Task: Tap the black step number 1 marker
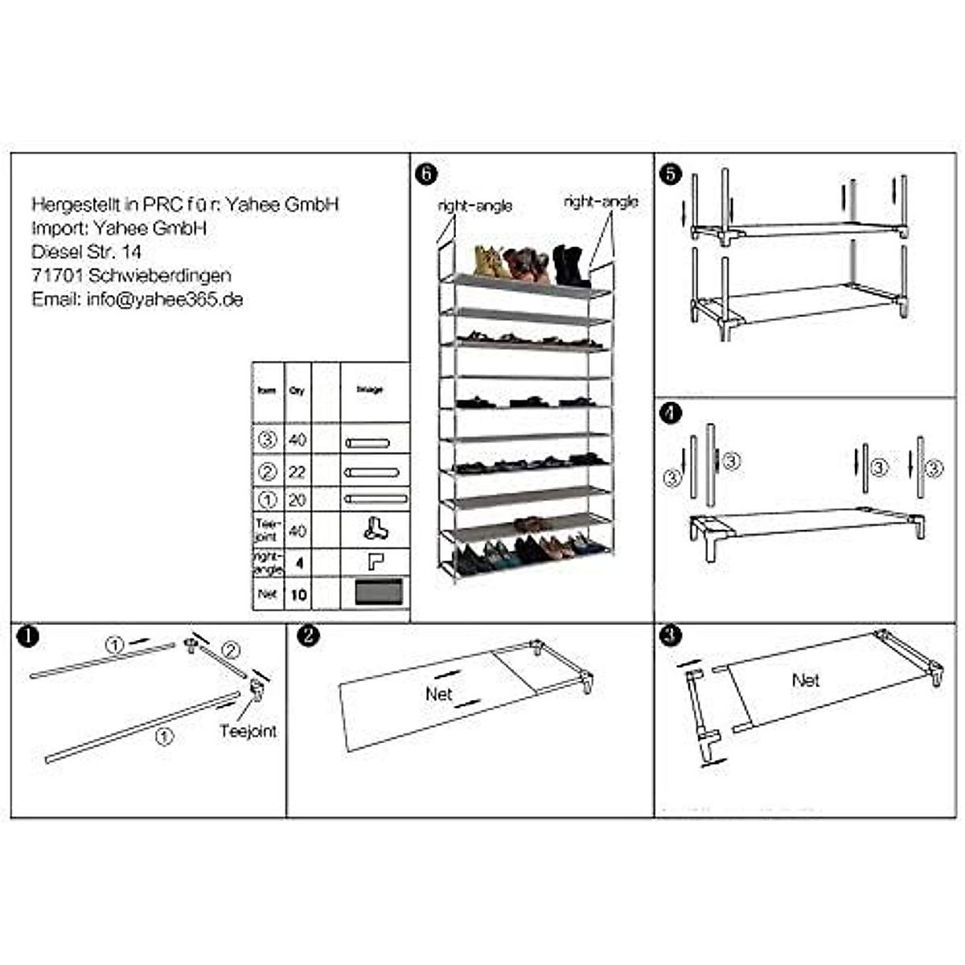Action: pyautogui.click(x=27, y=636)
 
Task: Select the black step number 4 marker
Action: pyautogui.click(x=669, y=413)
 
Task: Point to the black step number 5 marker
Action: pyautogui.click(x=670, y=173)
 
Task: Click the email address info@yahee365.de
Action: pyautogui.click(x=137, y=300)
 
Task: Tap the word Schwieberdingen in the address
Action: pyautogui.click(x=160, y=276)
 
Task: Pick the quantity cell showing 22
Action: pyautogui.click(x=297, y=472)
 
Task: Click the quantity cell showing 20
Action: pyautogui.click(x=297, y=500)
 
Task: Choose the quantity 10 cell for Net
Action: pyautogui.click(x=298, y=594)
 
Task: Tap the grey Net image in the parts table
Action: pyautogui.click(x=379, y=592)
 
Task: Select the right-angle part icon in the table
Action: pyautogui.click(x=375, y=561)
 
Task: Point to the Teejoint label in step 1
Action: pyautogui.click(x=248, y=731)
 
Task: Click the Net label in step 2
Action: pyautogui.click(x=439, y=693)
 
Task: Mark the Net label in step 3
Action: pyautogui.click(x=805, y=680)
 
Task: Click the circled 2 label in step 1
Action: pyautogui.click(x=230, y=650)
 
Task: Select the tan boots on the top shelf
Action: pyautogui.click(x=487, y=262)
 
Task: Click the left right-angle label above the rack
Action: pyautogui.click(x=474, y=207)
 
